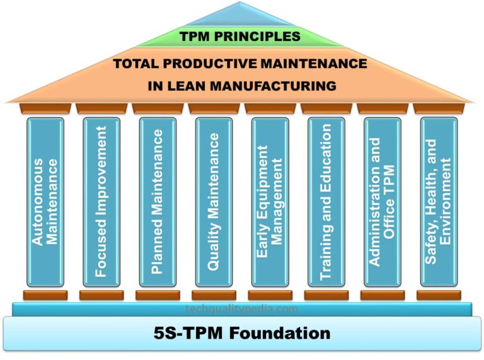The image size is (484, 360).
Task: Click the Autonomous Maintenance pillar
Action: coord(45,202)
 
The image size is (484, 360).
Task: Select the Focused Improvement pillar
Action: coord(101,202)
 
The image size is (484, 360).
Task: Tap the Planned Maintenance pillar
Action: coord(158,202)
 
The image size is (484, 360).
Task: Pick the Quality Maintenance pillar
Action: coord(214,202)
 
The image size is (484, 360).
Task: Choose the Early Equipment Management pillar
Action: coord(270,202)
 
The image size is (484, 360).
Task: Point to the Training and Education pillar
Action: coord(326,202)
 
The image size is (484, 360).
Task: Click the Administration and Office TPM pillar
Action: coord(383,202)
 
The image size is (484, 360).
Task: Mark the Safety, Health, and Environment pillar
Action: coord(439,202)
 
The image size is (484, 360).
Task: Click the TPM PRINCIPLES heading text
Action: coord(241,37)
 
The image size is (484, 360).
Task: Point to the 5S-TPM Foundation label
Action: coord(243,332)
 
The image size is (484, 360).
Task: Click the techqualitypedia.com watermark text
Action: coord(242,309)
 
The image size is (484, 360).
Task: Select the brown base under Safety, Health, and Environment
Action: coord(439,294)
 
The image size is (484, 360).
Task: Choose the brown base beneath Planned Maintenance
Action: coord(158,294)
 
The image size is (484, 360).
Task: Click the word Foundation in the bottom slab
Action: coord(282,332)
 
